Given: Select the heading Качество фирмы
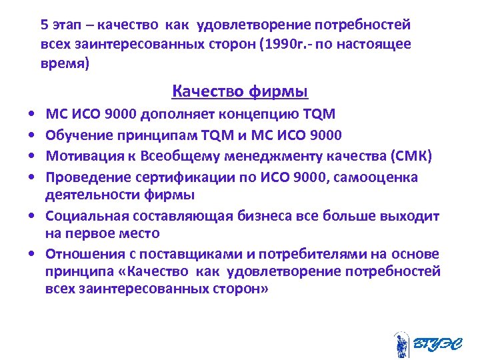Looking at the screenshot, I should click(x=240, y=91).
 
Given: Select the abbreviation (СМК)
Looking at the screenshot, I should click(x=411, y=157).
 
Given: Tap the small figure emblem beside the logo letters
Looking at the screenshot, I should click(x=401, y=345).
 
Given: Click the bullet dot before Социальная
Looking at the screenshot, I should click(x=32, y=217).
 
